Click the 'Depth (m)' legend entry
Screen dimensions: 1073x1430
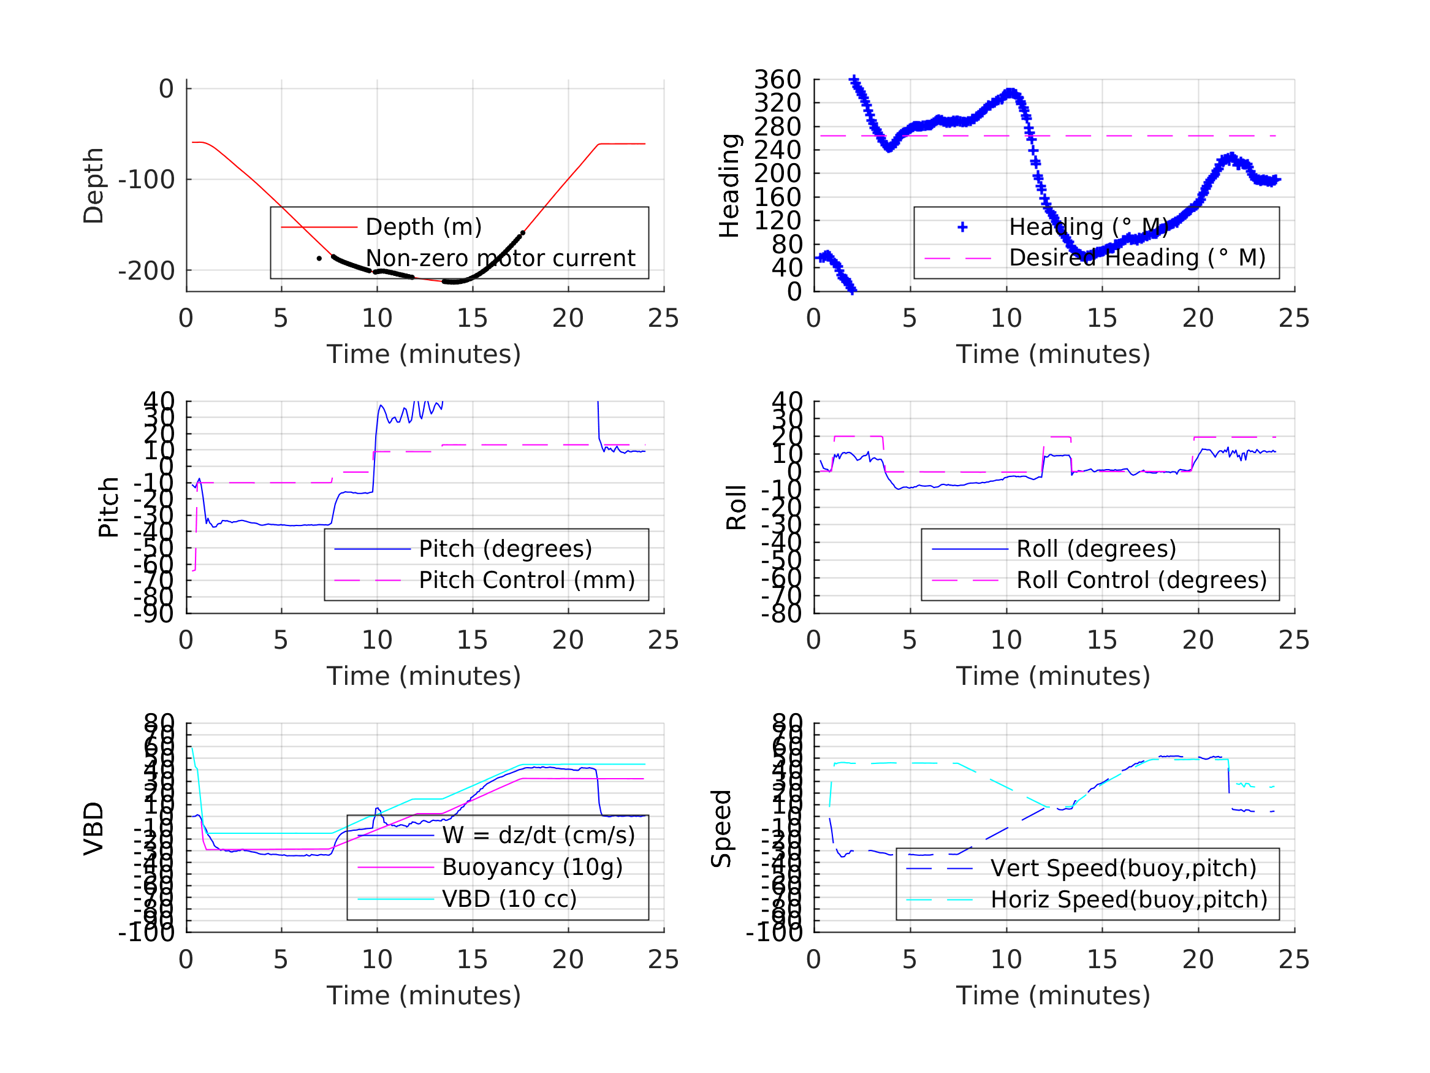pos(424,227)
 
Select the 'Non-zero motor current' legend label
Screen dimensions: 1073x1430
pos(500,258)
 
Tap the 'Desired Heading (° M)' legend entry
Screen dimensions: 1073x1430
pos(1137,258)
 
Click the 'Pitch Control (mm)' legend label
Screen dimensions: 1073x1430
pos(527,580)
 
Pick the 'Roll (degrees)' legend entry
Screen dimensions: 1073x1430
pos(1096,549)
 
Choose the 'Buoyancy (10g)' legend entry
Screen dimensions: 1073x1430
pos(532,867)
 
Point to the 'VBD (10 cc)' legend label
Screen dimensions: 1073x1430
pos(509,898)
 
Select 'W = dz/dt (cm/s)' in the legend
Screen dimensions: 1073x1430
pos(539,835)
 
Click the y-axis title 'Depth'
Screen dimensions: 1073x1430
pos(94,186)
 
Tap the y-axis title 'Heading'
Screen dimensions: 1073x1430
pos(729,186)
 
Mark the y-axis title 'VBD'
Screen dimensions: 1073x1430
pos(94,828)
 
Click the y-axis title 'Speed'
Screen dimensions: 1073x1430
pos(721,828)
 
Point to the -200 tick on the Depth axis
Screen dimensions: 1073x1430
pos(146,271)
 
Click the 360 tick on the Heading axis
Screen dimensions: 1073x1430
pos(777,80)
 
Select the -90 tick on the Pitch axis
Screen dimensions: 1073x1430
pos(154,613)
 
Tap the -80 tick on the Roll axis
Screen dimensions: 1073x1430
pos(781,613)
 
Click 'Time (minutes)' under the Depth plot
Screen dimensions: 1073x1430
pos(424,354)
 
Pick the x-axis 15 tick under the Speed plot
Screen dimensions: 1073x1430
pos(1101,959)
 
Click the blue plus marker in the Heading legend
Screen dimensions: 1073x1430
pos(962,227)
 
